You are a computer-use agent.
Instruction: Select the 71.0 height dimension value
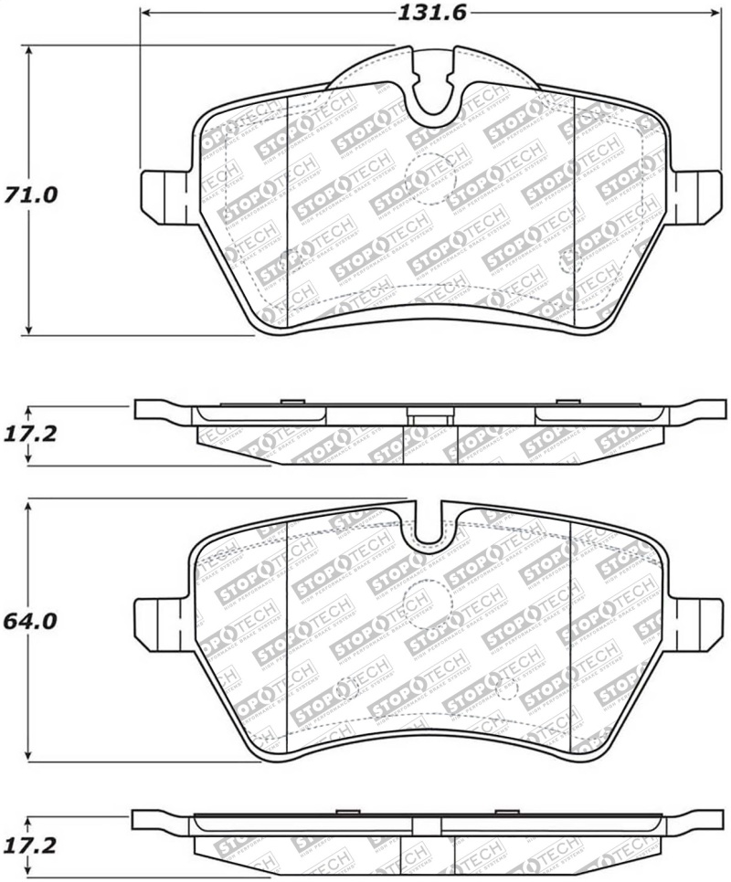[29, 195]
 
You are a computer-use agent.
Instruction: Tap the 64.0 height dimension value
[29, 622]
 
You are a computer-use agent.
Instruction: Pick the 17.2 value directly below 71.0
[29, 434]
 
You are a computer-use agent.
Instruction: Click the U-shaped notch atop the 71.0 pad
[434, 91]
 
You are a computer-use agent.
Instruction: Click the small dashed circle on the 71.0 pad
[568, 262]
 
